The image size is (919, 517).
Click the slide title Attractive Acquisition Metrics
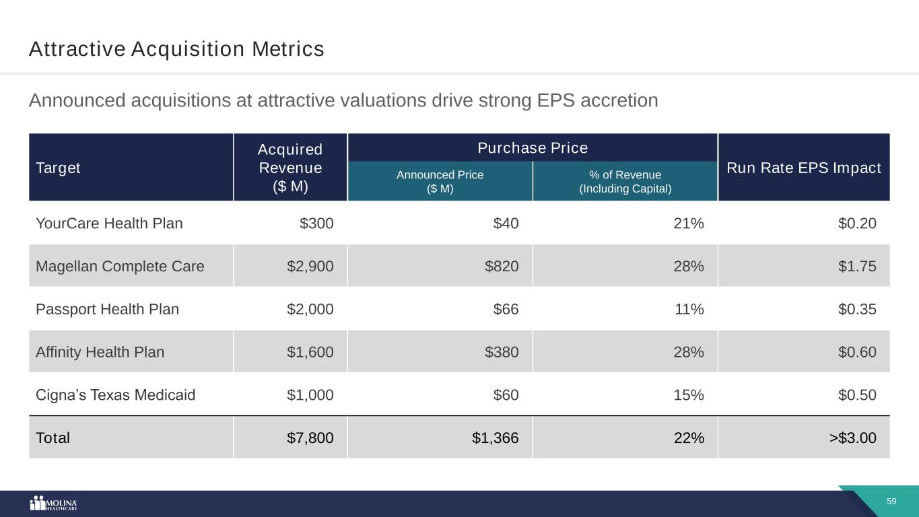176,49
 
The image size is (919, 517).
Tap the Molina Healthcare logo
54,504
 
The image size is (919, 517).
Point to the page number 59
891,502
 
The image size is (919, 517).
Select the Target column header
58,168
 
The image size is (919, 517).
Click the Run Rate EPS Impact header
804,168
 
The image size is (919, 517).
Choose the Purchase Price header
532,147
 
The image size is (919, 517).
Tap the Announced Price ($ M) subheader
440,181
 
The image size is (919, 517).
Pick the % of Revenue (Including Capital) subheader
625,181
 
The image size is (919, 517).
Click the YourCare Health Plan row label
109,223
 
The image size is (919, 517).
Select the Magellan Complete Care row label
120,266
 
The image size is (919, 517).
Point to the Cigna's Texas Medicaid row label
115,394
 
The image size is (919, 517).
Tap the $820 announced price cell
502,266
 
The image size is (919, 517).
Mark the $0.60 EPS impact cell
857,351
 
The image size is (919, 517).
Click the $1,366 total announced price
495,438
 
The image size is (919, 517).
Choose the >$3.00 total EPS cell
852,438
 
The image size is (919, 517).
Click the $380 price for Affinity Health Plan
502,351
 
